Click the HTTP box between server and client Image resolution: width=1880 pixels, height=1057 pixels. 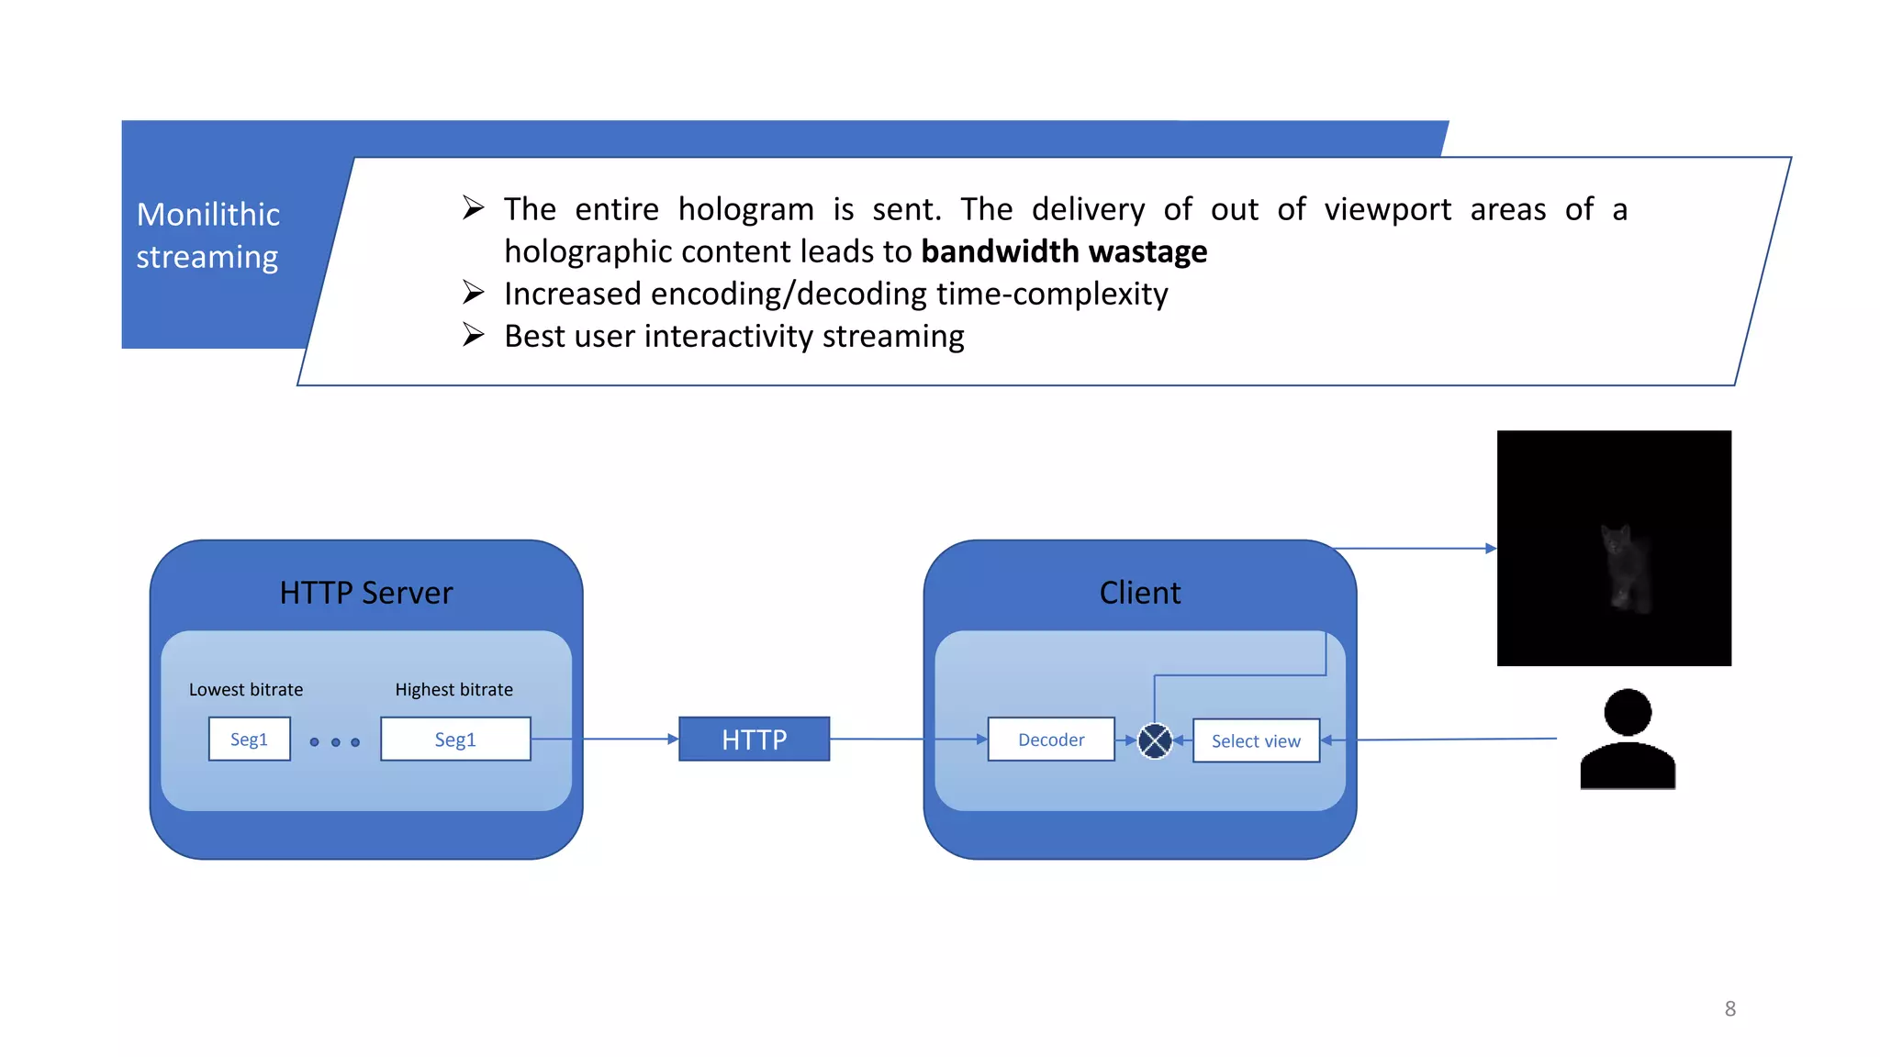click(754, 739)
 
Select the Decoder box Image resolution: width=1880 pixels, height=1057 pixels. click(1051, 740)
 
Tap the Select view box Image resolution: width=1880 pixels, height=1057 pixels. click(1256, 740)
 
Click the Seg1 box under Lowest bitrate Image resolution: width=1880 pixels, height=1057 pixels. click(249, 739)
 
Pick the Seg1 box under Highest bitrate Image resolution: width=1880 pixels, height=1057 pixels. click(455, 739)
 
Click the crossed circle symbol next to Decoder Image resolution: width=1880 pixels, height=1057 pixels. click(1155, 740)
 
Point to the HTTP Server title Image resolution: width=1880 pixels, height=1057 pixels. click(365, 593)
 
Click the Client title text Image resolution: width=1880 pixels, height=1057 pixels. click(1139, 593)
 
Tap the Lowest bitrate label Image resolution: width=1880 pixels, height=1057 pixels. click(245, 689)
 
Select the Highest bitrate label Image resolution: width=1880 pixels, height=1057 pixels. click(453, 689)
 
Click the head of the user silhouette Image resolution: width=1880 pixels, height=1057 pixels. click(1628, 712)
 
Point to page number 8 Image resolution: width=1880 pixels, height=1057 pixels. click(1729, 1008)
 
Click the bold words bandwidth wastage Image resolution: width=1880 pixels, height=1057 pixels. click(1063, 251)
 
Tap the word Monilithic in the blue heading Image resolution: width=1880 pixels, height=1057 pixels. click(208, 214)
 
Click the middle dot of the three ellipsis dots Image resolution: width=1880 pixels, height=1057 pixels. click(335, 741)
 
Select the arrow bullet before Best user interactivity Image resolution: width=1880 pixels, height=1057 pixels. click(473, 335)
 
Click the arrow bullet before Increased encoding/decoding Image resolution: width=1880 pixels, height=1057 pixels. click(473, 293)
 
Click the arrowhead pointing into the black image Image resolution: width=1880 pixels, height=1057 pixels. click(1491, 549)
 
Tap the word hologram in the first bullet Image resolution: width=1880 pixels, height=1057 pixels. click(745, 209)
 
